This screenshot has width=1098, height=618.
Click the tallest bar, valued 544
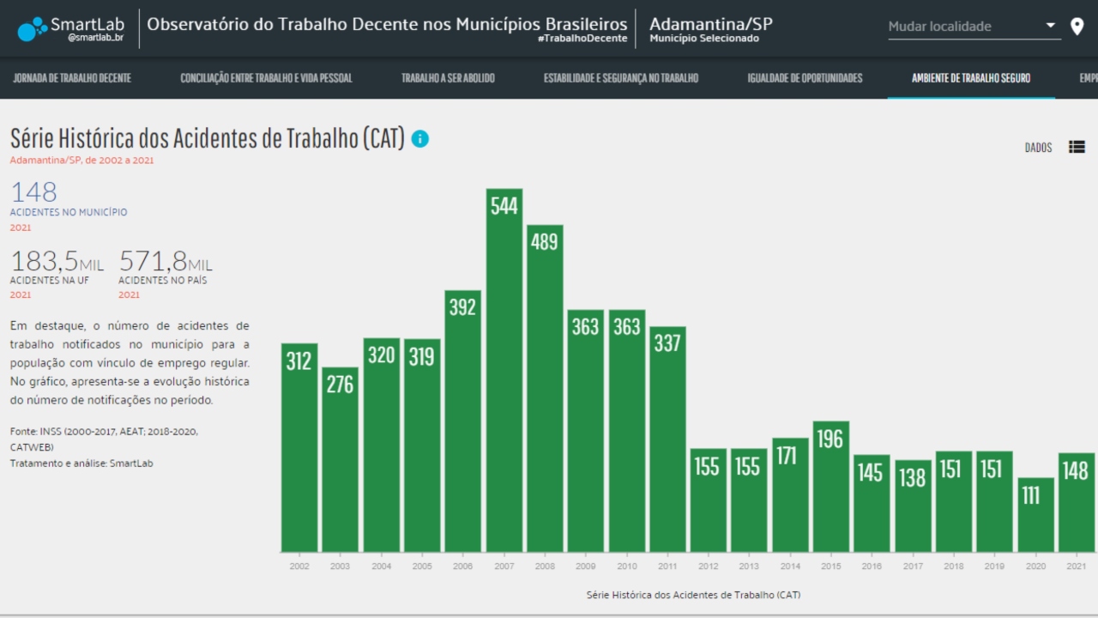coord(504,369)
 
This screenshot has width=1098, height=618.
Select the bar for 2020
coord(1035,514)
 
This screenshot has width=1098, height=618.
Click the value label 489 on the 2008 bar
coord(544,242)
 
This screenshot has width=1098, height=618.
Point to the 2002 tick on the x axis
coord(299,566)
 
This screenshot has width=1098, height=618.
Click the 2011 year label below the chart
coord(667,566)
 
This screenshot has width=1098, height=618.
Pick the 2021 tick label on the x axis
coord(1076,566)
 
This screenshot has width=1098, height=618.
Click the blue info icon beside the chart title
coord(419,138)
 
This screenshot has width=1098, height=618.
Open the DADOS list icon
coord(1077,147)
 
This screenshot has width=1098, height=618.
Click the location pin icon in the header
coord(1077,27)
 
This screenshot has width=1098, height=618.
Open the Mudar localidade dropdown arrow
coord(1051,26)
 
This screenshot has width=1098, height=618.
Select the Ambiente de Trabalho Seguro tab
coord(971,78)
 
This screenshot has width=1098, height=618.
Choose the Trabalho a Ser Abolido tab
coord(448,78)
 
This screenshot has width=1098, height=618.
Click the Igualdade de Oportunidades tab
coord(805,78)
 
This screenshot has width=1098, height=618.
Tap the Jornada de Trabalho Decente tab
coord(72,78)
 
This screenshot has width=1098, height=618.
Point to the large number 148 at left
coord(33,192)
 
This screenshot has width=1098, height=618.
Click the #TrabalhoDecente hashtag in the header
coord(582,39)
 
